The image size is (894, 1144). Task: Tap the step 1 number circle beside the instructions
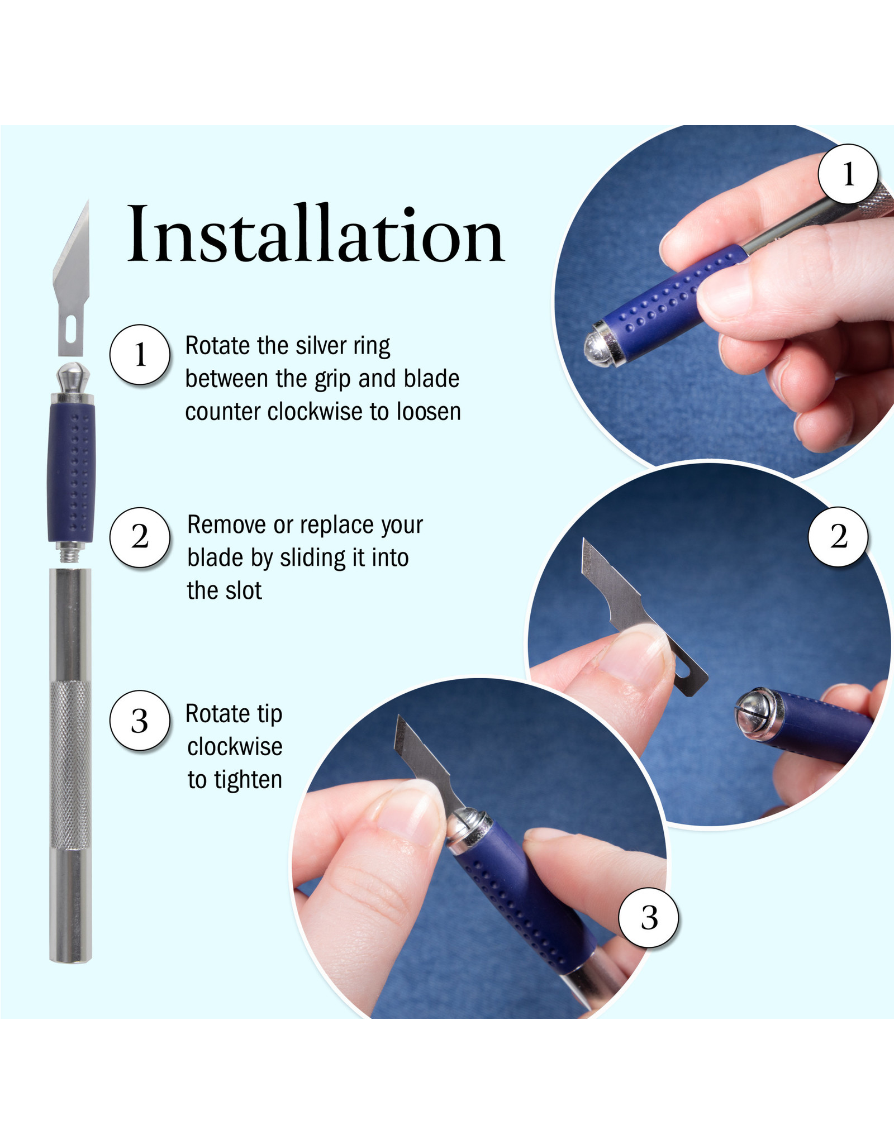[x=140, y=355]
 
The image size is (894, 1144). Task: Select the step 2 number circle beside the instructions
[x=140, y=537]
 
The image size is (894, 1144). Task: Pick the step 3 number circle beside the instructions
[x=140, y=721]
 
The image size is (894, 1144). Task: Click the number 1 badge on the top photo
[x=848, y=174]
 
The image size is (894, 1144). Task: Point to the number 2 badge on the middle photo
[x=838, y=537]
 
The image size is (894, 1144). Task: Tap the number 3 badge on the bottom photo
[x=649, y=918]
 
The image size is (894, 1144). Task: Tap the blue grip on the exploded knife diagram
[x=71, y=473]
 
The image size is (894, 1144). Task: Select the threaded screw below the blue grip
[x=70, y=554]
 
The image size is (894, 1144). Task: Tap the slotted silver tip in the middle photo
[x=755, y=713]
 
